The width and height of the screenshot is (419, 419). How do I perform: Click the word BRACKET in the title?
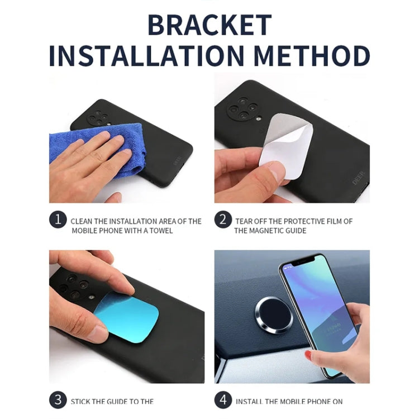click(x=209, y=25)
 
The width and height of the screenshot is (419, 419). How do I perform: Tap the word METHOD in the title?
click(x=312, y=56)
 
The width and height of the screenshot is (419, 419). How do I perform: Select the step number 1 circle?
click(x=58, y=220)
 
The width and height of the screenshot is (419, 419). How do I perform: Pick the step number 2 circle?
click(x=223, y=220)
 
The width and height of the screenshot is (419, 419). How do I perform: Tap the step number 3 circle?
click(x=58, y=400)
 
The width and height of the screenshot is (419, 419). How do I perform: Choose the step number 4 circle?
click(x=223, y=400)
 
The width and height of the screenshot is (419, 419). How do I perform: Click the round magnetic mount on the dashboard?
click(x=274, y=316)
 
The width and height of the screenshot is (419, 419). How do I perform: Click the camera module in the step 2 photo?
click(x=242, y=108)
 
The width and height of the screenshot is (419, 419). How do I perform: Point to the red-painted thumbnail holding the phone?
click(x=308, y=355)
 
